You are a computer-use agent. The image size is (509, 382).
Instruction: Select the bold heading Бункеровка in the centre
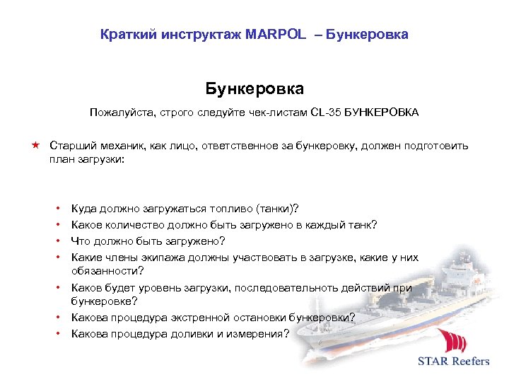pyautogui.click(x=255, y=89)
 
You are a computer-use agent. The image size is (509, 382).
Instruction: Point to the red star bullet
pyautogui.click(x=34, y=145)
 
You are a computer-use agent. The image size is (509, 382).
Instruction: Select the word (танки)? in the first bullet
pyautogui.click(x=276, y=209)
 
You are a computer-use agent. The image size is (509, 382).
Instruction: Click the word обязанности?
pyautogui.click(x=106, y=271)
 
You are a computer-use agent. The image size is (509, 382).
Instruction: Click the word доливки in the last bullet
pyautogui.click(x=183, y=334)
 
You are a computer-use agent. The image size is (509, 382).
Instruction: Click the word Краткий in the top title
pyautogui.click(x=124, y=34)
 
